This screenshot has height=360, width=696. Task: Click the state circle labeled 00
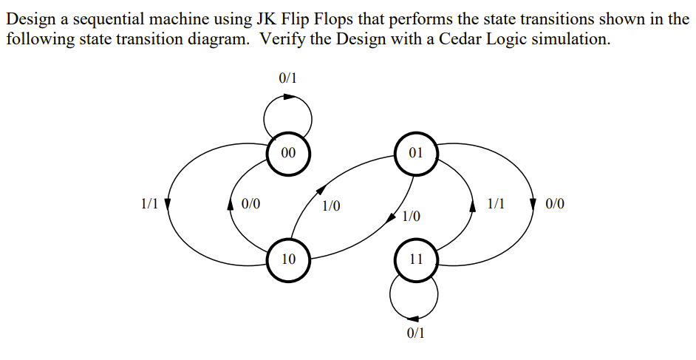click(x=288, y=153)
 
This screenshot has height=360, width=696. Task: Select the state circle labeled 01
click(x=415, y=153)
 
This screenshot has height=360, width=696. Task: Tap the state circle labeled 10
click(x=288, y=259)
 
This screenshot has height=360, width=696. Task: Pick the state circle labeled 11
click(x=415, y=259)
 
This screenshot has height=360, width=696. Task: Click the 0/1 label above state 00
click(x=288, y=78)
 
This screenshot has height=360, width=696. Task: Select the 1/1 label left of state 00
click(x=149, y=203)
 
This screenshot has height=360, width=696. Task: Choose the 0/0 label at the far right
click(x=556, y=203)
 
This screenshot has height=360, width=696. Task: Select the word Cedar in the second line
click(x=463, y=38)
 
